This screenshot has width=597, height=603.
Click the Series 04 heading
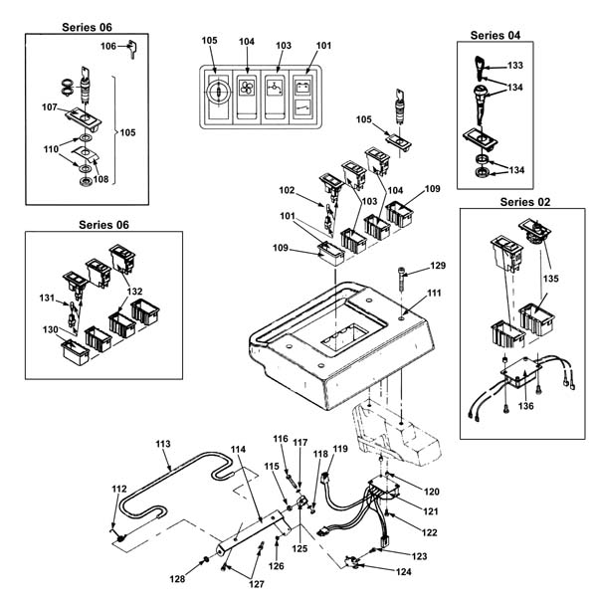[496, 36]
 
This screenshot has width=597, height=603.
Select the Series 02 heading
[525, 202]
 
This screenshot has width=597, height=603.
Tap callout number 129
[438, 266]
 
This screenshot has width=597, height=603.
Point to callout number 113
[163, 444]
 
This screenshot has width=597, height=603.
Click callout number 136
[525, 406]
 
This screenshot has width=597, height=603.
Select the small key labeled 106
[132, 49]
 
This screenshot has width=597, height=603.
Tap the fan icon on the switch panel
[247, 88]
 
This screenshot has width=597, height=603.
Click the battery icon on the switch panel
[302, 87]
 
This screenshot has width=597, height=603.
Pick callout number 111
[434, 293]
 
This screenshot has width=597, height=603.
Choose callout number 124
[404, 572]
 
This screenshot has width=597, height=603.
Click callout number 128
[177, 578]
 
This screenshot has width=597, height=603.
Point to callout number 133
[515, 66]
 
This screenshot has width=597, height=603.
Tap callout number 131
[47, 298]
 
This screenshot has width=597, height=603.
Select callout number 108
[100, 179]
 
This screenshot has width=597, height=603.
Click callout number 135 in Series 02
[550, 278]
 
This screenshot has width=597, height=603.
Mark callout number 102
[287, 190]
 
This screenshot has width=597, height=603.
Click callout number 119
[340, 449]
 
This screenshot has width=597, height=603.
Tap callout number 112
[119, 489]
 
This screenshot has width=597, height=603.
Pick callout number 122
[429, 532]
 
